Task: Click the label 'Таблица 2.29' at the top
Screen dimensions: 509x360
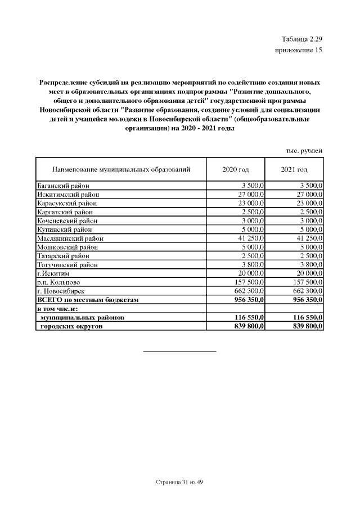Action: (301, 39)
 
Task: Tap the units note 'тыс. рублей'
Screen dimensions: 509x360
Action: (304, 151)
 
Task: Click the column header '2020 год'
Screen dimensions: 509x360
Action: (236, 169)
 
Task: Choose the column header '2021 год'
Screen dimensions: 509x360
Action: (294, 169)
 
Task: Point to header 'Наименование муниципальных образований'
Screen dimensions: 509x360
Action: (121, 169)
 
